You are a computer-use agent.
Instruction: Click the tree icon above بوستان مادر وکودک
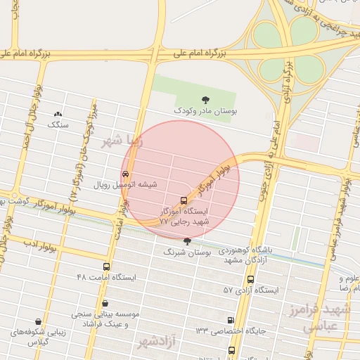click(205, 100)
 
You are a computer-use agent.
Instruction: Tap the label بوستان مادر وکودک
click(205, 111)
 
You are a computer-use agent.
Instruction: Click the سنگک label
click(58, 124)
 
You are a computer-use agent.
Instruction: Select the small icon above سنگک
click(58, 114)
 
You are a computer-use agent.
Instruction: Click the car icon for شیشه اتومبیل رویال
click(125, 174)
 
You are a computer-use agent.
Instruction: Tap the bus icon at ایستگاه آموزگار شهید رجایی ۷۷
click(184, 200)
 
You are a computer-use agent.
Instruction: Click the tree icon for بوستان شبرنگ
click(186, 241)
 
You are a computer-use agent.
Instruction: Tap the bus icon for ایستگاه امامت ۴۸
click(105, 266)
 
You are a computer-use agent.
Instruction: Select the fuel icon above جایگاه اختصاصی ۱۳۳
click(231, 321)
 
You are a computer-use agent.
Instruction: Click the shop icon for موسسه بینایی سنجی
click(105, 304)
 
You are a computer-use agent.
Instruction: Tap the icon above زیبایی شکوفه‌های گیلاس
click(37, 321)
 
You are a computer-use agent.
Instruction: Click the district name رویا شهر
click(122, 139)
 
